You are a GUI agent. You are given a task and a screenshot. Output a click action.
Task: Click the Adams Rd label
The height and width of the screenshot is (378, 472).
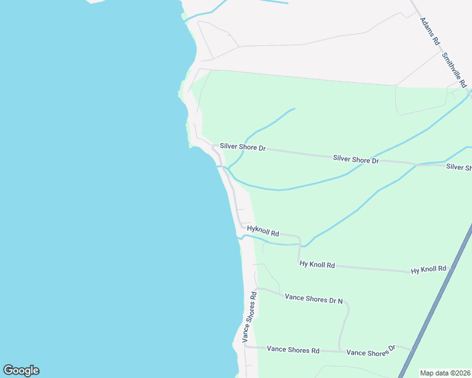click(x=429, y=30)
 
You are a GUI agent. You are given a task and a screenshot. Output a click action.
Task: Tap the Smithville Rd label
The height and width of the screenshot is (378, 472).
click(x=454, y=70)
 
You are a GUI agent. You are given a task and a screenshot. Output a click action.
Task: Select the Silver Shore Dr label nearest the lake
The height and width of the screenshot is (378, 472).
click(x=243, y=147)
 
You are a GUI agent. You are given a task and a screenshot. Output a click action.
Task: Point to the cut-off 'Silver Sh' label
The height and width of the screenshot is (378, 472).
click(x=459, y=167)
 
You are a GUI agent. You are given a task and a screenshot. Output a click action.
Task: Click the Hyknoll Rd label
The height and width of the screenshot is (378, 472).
click(x=263, y=231)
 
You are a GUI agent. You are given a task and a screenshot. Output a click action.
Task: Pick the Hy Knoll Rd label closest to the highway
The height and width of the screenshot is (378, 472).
click(x=428, y=270)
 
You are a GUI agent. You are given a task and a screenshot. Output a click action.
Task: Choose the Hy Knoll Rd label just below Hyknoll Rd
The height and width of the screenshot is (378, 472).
click(x=317, y=265)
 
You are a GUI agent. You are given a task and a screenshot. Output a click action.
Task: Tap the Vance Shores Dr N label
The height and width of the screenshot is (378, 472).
click(x=314, y=298)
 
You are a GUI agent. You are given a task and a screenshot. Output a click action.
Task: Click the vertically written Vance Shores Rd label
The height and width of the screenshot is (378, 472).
click(x=249, y=316)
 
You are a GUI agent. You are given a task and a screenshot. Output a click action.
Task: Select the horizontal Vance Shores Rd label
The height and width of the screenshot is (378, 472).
click(x=293, y=349)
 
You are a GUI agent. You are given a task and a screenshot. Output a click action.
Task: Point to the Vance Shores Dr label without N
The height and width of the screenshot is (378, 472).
click(x=370, y=351)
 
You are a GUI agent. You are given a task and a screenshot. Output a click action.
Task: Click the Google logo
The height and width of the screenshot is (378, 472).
click(x=21, y=370)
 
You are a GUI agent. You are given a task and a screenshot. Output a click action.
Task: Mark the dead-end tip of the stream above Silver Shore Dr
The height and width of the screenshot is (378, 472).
click(x=294, y=109)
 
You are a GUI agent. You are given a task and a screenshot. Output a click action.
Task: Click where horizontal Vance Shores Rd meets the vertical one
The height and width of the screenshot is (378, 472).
click(x=245, y=346)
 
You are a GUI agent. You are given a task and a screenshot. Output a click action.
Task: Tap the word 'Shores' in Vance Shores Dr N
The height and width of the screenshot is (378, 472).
click(x=316, y=298)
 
